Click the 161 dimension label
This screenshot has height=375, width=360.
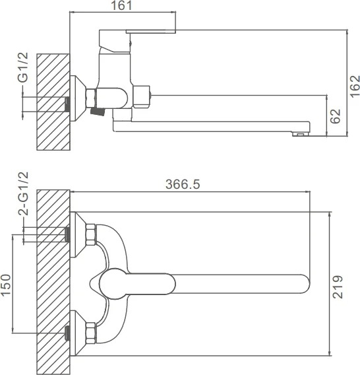coord(121,5)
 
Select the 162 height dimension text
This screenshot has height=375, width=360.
coord(355,86)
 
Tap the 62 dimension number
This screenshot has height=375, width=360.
coord(336,116)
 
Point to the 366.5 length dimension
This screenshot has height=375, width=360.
coord(183,184)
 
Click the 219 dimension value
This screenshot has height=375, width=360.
coord(338,287)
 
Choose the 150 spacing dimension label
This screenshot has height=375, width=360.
coord(6,285)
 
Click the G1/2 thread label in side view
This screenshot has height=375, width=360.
coord(24,67)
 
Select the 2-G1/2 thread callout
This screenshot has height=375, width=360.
coord(24,193)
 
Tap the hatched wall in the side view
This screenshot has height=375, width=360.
coord(53,102)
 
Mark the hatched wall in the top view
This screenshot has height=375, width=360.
coord(53,282)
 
